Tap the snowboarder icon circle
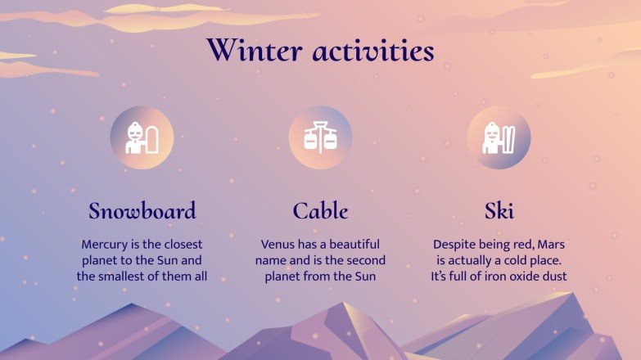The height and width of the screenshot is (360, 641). pyautogui.click(x=142, y=137)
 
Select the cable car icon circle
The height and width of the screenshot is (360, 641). pyautogui.click(x=320, y=137)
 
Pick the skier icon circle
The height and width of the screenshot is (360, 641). pyautogui.click(x=499, y=137)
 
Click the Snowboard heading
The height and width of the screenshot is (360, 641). pyautogui.click(x=142, y=211)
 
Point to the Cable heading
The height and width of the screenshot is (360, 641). pyautogui.click(x=320, y=211)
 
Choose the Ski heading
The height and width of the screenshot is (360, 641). pyautogui.click(x=499, y=211)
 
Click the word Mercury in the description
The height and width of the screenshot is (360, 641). pyautogui.click(x=105, y=245)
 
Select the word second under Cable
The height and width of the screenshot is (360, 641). pyautogui.click(x=364, y=261)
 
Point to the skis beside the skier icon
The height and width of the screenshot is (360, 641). pyautogui.click(x=511, y=138)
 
